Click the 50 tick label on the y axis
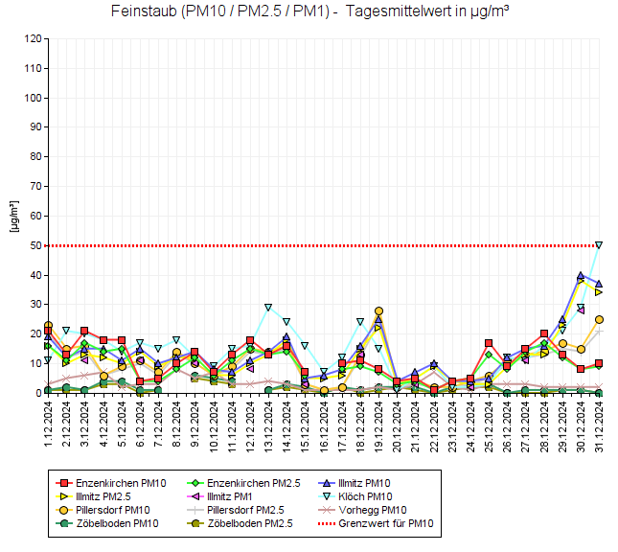[x=35, y=245]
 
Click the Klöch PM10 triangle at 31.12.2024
[x=599, y=245]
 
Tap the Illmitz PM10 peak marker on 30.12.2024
[x=581, y=276]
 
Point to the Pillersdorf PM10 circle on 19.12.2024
[x=378, y=310]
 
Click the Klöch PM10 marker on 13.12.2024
[x=268, y=308]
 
